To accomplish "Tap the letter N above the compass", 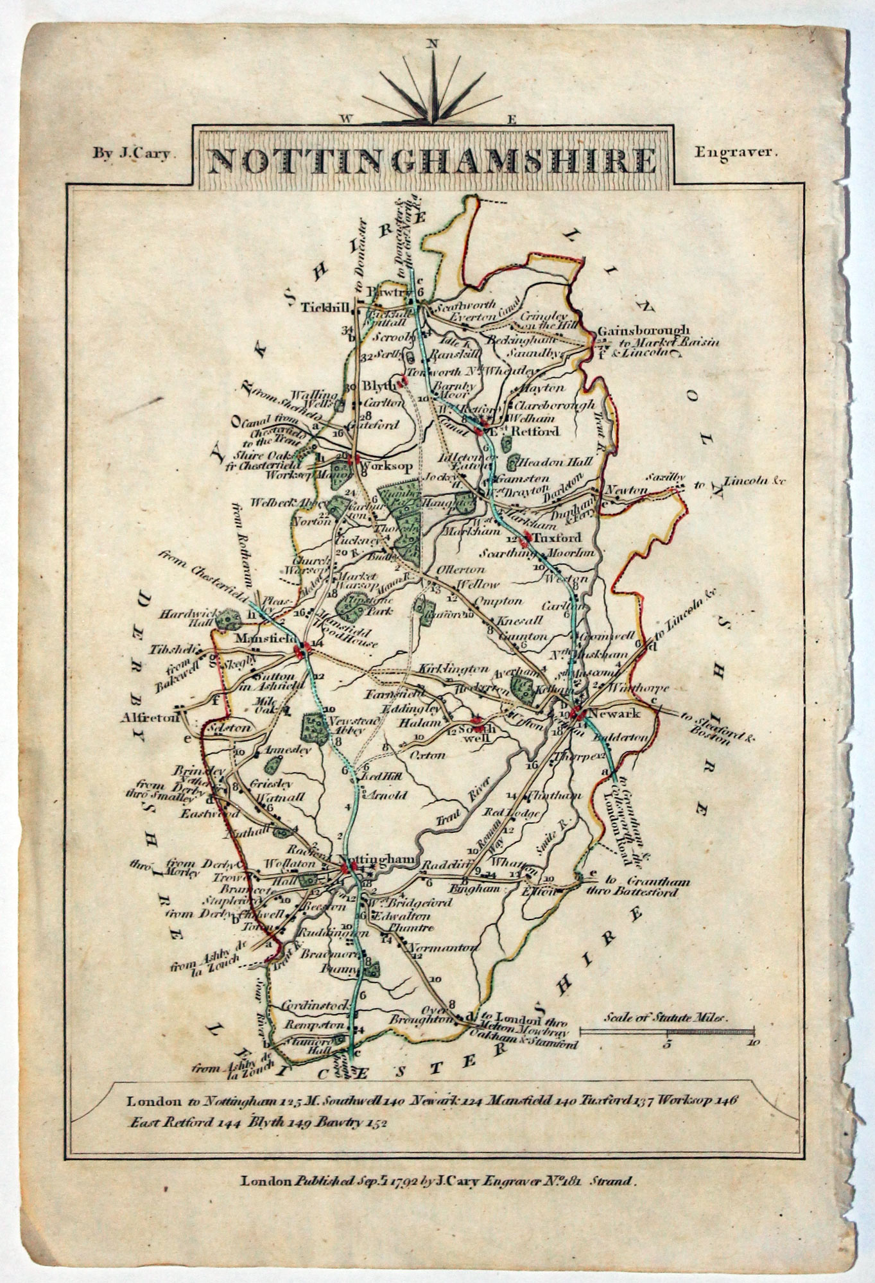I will tap(433, 44).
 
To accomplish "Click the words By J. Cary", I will tap(131, 154).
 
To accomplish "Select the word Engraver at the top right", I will tap(736, 153).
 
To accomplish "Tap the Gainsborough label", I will tap(643, 330).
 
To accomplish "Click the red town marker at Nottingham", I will tap(347, 868).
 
